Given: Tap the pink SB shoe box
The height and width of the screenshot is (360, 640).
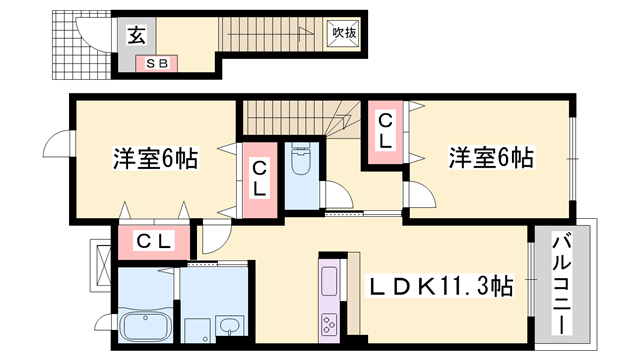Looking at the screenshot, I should pyautogui.click(x=157, y=64).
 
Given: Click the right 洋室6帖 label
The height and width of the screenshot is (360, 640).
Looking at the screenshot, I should pyautogui.click(x=489, y=158).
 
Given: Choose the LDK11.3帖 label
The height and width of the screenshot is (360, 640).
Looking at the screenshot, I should pyautogui.click(x=441, y=288).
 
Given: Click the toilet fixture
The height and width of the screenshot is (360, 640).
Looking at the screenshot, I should pyautogui.click(x=299, y=159).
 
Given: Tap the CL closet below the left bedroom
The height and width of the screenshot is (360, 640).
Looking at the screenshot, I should pyautogui.click(x=156, y=241).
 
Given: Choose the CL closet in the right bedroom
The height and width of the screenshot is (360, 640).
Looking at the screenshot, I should pyautogui.click(x=385, y=129).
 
